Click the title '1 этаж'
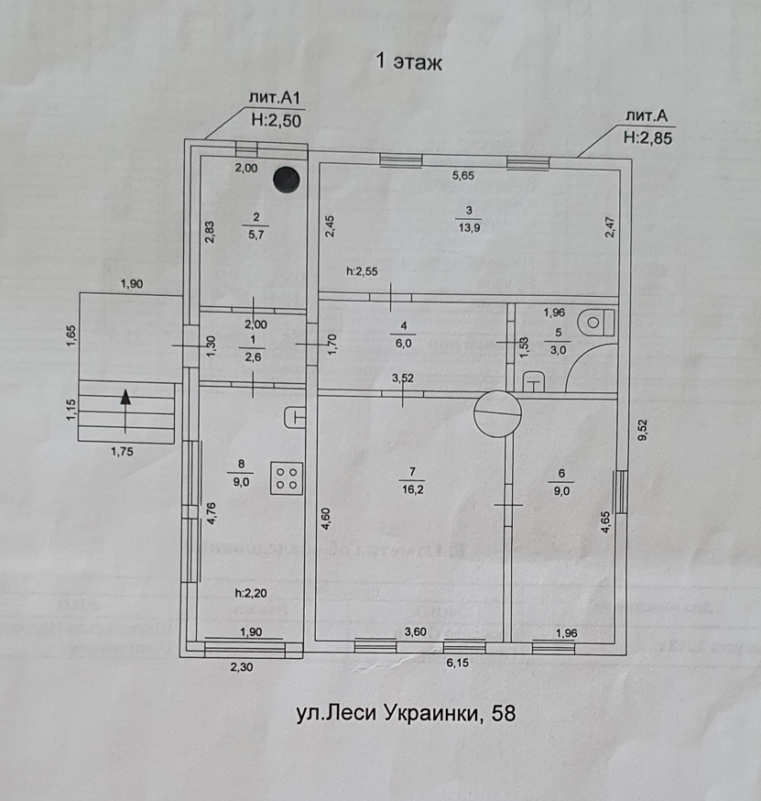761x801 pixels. [408, 62]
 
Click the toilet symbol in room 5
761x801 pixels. [599, 323]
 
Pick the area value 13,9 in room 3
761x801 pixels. [469, 228]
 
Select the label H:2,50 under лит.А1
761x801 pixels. [276, 118]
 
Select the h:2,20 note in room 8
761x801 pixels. [250, 593]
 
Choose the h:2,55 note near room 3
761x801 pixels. [362, 271]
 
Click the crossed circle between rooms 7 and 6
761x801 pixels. [496, 413]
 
